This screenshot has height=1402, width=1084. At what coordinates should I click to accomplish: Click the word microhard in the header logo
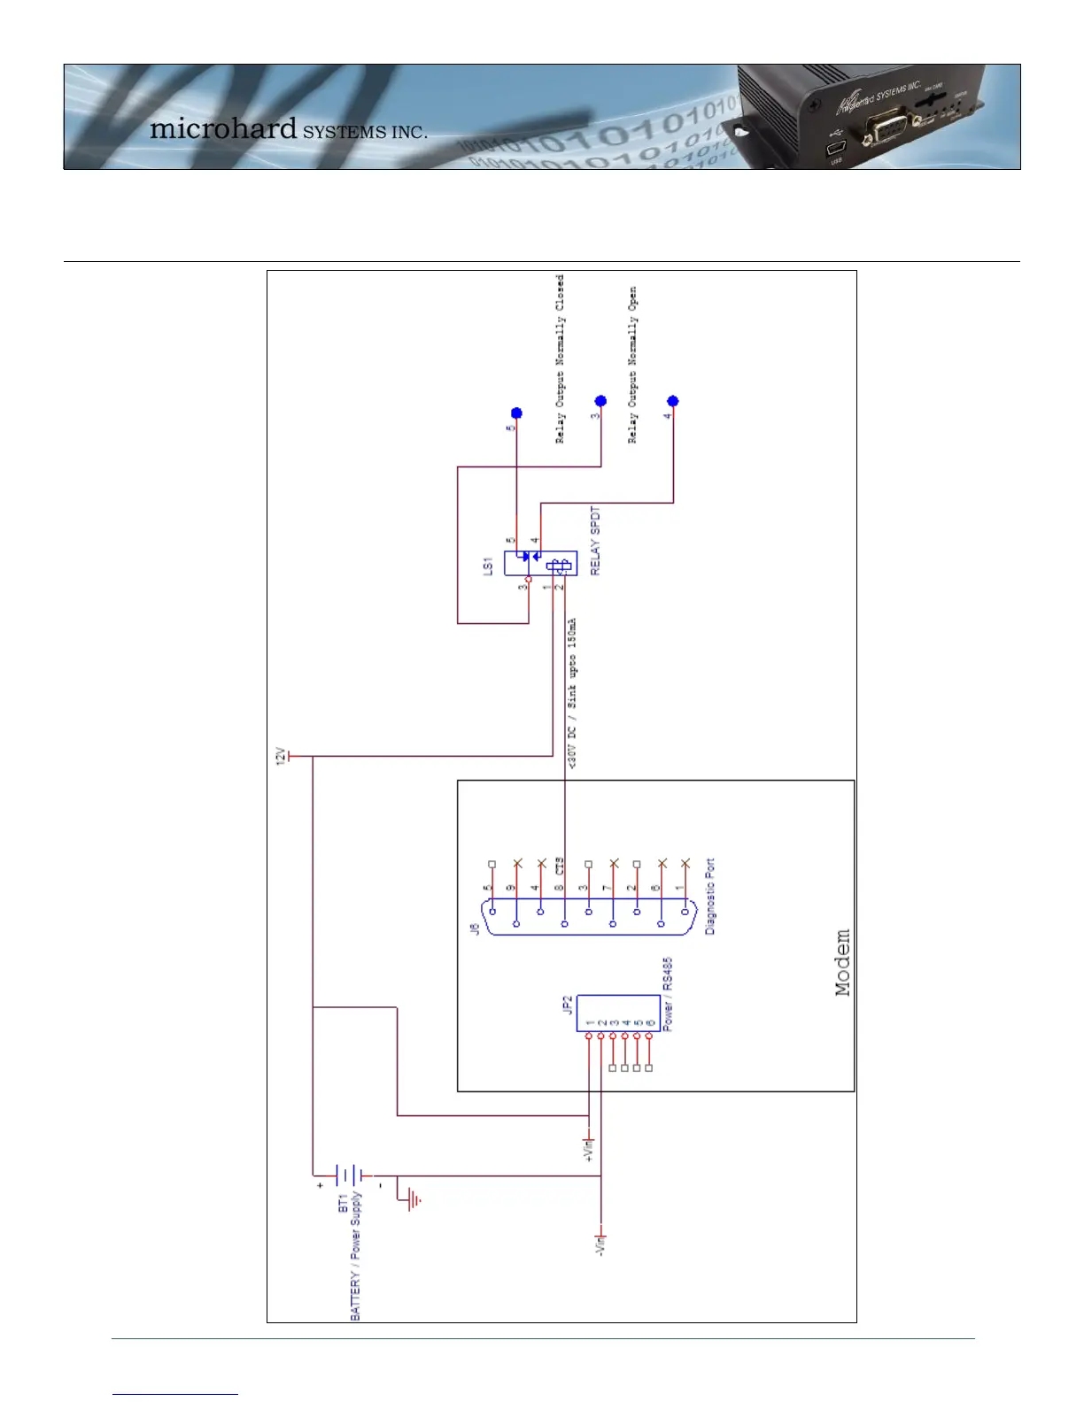pyautogui.click(x=223, y=128)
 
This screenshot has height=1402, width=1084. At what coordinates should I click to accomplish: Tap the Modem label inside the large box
pyautogui.click(x=842, y=963)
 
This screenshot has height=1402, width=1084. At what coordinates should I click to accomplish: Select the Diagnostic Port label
pyautogui.click(x=709, y=896)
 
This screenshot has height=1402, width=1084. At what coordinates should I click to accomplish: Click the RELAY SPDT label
pyautogui.click(x=595, y=541)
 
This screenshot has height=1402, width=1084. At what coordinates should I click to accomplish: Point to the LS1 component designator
pyautogui.click(x=487, y=566)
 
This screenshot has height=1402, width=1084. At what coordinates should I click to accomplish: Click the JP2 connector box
pyautogui.click(x=618, y=1013)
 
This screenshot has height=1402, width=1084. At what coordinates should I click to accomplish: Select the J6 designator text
pyautogui.click(x=475, y=928)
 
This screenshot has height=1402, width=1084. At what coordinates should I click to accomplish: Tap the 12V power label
pyautogui.click(x=280, y=757)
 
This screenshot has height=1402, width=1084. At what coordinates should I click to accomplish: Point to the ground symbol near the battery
pyautogui.click(x=414, y=1200)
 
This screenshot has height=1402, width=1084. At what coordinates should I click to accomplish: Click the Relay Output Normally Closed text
pyautogui.click(x=560, y=358)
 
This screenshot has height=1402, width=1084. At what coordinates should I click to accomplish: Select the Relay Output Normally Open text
pyautogui.click(x=632, y=365)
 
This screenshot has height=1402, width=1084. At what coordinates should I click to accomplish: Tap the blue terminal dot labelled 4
pyautogui.click(x=673, y=402)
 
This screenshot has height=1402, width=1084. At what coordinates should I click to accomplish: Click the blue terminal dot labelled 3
pyautogui.click(x=600, y=402)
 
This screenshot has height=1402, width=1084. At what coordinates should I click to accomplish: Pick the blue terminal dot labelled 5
pyautogui.click(x=517, y=413)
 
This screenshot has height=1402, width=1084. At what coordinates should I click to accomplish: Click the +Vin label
pyautogui.click(x=588, y=1149)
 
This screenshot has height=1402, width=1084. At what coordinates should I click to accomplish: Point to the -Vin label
pyautogui.click(x=600, y=1246)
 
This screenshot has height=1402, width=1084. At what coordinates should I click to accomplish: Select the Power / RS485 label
pyautogui.click(x=668, y=994)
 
